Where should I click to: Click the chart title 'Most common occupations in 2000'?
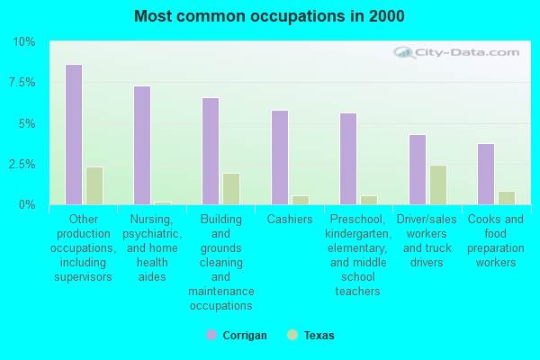point(269,16)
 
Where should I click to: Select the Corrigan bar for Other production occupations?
point(73,135)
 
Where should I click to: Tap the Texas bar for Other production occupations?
point(94,185)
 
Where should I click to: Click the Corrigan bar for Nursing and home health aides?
point(142,146)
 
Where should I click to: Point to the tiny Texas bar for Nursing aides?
point(163,203)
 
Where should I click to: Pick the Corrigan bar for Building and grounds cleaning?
point(211,151)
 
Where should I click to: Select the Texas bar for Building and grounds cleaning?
point(231,189)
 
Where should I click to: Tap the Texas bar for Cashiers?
point(301,200)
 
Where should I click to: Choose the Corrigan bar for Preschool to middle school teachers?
point(348,159)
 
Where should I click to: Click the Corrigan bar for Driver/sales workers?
point(418,169)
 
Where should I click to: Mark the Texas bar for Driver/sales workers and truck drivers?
point(438,184)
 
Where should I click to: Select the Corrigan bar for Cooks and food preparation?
point(486,174)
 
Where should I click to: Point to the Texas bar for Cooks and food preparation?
point(507,198)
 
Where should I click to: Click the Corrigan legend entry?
point(237,336)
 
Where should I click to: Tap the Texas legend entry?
point(311,336)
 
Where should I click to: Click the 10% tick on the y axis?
point(23,42)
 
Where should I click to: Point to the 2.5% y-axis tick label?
point(21,165)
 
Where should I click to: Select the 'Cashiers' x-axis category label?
point(290,220)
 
